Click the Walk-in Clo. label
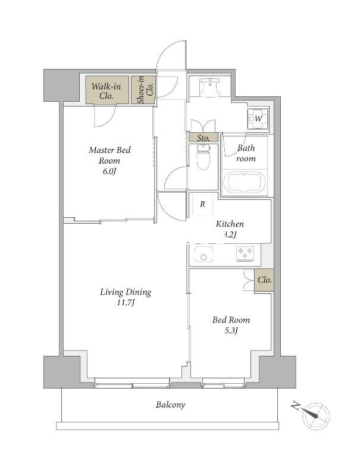click(x=107, y=91)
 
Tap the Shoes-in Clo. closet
click(x=143, y=90)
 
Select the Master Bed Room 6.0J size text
click(x=109, y=171)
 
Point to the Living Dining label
click(x=126, y=292)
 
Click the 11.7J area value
click(x=126, y=303)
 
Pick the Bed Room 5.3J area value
click(x=231, y=331)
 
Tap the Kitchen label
click(x=230, y=224)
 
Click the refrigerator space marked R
click(x=202, y=204)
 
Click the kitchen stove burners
click(x=245, y=254)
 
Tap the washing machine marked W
click(x=258, y=118)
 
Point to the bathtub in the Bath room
click(x=245, y=182)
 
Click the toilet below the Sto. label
click(x=203, y=156)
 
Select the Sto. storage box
click(x=203, y=138)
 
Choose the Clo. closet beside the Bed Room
click(x=264, y=280)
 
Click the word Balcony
click(x=170, y=405)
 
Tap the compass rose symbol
click(x=316, y=416)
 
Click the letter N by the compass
click(x=295, y=406)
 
